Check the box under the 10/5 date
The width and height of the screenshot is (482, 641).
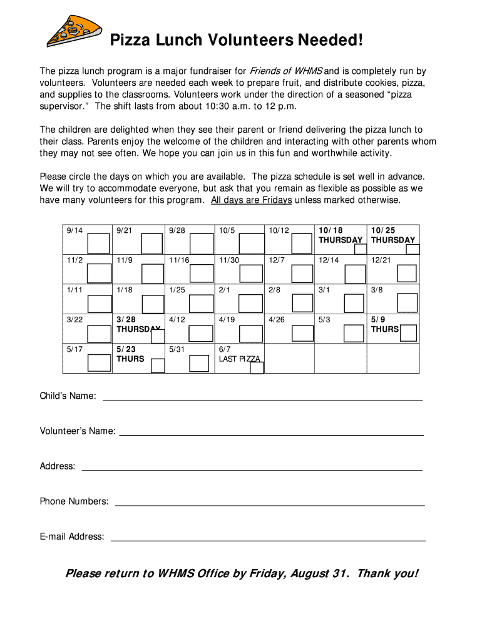(252, 243)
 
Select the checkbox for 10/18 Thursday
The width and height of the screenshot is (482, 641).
(361, 249)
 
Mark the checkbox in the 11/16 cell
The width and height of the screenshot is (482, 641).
(201, 274)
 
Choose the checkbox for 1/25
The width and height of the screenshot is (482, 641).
(201, 304)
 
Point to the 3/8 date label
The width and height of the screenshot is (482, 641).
(377, 290)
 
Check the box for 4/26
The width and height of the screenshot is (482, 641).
(302, 333)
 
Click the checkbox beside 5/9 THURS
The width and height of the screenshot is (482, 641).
(408, 333)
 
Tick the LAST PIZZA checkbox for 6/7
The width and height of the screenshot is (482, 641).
(257, 368)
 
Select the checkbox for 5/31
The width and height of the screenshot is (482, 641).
(199, 363)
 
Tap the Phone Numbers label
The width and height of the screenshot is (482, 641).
(74, 501)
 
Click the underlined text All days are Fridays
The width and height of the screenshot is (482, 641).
(251, 200)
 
